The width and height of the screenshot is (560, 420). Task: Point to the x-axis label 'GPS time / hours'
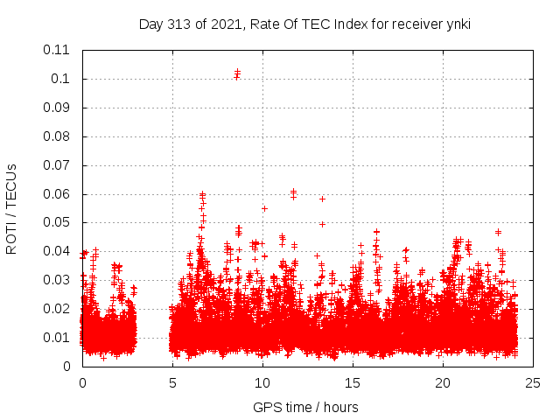pyautogui.click(x=305, y=407)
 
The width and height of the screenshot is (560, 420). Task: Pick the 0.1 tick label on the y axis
pyautogui.click(x=63, y=79)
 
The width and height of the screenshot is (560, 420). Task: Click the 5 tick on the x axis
pyautogui.click(x=172, y=382)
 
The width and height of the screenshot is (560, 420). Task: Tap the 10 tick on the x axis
pyautogui.click(x=262, y=382)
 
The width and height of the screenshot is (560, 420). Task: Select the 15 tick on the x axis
pyautogui.click(x=353, y=382)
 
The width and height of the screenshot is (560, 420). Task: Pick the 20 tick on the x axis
pyautogui.click(x=443, y=382)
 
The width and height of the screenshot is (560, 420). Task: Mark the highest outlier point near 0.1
pyautogui.click(x=237, y=72)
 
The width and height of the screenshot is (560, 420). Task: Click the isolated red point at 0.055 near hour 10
pyautogui.click(x=264, y=208)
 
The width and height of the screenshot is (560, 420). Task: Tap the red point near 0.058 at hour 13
pyautogui.click(x=322, y=199)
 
